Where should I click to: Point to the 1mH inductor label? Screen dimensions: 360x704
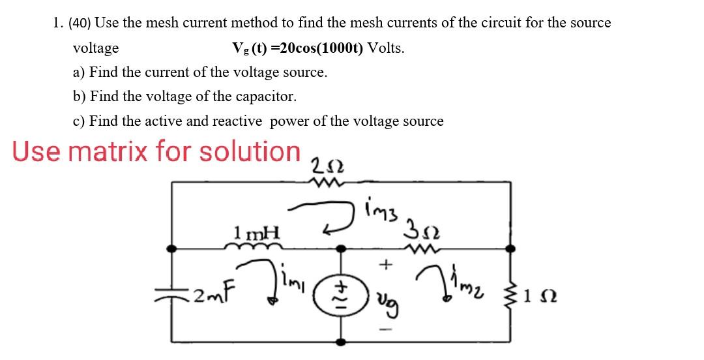(256, 232)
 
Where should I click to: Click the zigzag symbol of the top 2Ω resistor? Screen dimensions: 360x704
(324, 183)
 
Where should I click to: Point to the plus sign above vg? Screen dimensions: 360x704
(387, 265)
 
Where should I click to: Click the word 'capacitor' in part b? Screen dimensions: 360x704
(266, 97)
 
